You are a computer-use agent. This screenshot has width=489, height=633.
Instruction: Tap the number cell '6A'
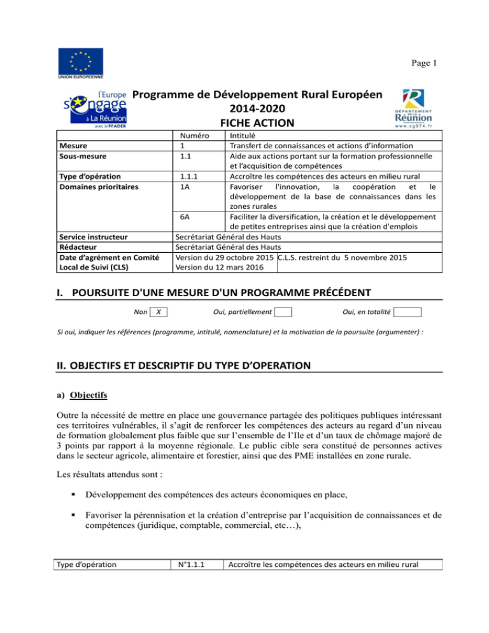point(186,217)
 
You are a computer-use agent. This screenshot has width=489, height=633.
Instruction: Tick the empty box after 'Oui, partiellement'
point(283,312)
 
